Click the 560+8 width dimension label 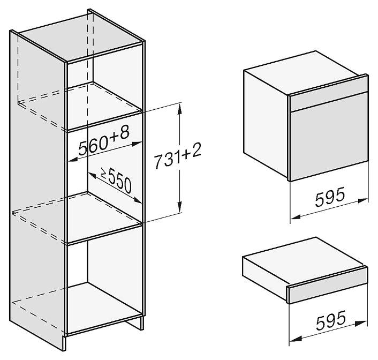pyautogui.click(x=104, y=141)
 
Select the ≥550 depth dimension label pyautogui.click(x=116, y=181)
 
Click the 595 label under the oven pyautogui.click(x=330, y=197)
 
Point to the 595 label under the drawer pyautogui.click(x=330, y=320)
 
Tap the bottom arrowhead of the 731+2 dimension pyautogui.click(x=179, y=207)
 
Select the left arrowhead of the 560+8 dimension pyautogui.click(x=73, y=160)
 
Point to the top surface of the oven pyautogui.click(x=305, y=73)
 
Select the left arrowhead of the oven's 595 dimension pyautogui.click(x=296, y=216)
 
